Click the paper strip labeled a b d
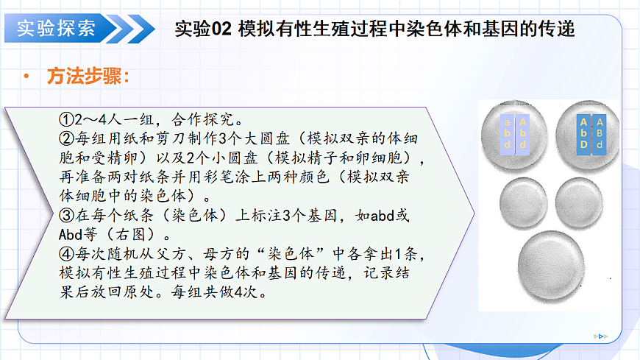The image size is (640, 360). tap(507, 133)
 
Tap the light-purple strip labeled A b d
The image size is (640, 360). tap(522, 133)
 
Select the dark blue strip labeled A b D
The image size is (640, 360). tap(583, 133)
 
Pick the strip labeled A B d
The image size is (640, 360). tap(600, 133)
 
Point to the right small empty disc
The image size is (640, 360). tap(578, 201)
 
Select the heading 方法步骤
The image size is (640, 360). tap(88, 77)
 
